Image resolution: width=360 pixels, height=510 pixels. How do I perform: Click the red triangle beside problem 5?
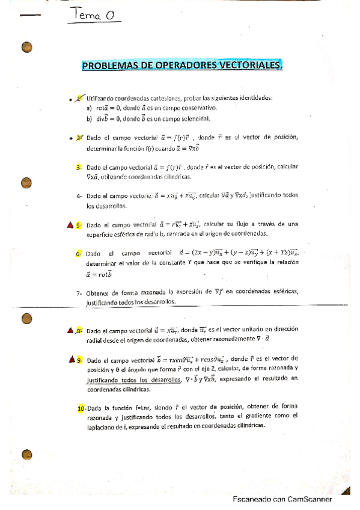(x=70, y=225)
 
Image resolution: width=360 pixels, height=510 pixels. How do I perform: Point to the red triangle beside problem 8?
(x=70, y=330)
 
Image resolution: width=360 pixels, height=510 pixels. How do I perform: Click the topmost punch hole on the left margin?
(x=26, y=47)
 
